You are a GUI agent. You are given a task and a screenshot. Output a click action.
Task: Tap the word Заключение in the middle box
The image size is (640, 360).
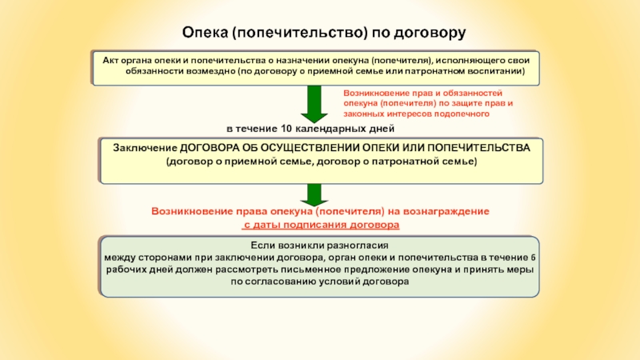tap(145, 149)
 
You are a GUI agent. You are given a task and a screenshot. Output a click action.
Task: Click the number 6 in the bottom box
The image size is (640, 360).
tap(534, 258)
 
